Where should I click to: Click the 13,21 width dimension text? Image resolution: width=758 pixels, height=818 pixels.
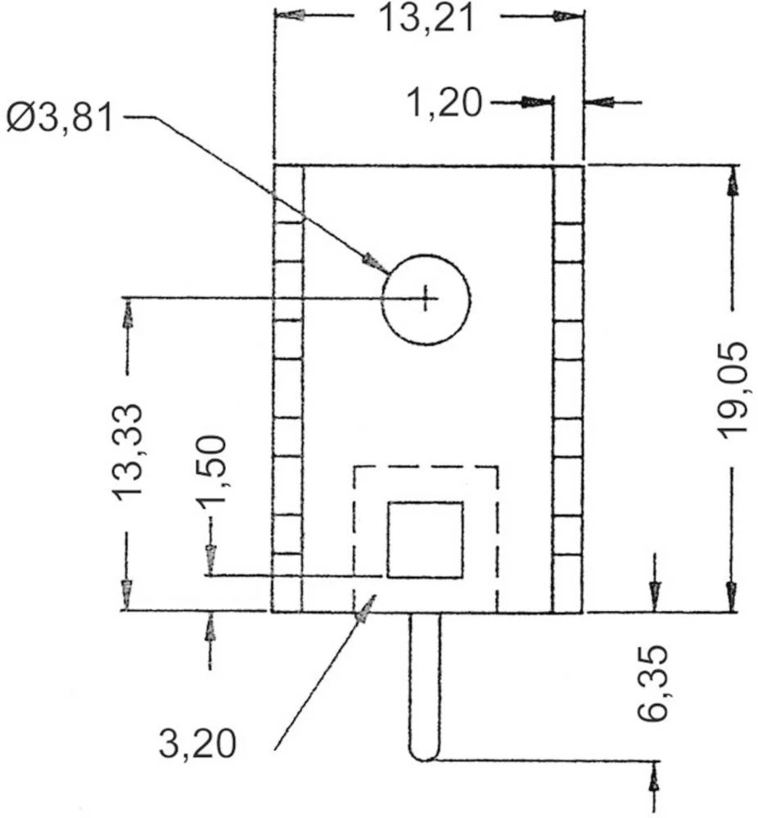click(x=426, y=17)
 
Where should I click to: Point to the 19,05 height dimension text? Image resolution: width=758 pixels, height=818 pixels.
click(x=732, y=390)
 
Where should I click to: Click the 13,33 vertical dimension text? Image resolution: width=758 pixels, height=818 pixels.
click(x=128, y=450)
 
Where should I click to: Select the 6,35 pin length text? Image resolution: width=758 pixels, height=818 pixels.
click(x=654, y=685)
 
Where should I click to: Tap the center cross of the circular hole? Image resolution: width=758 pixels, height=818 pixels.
click(x=426, y=299)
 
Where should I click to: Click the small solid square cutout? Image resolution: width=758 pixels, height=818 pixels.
click(x=425, y=540)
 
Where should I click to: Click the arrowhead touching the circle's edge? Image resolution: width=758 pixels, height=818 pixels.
click(x=375, y=263)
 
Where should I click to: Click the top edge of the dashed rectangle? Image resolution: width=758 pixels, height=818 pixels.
click(x=425, y=467)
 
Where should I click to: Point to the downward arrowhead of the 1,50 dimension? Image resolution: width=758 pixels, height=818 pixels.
click(x=210, y=560)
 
